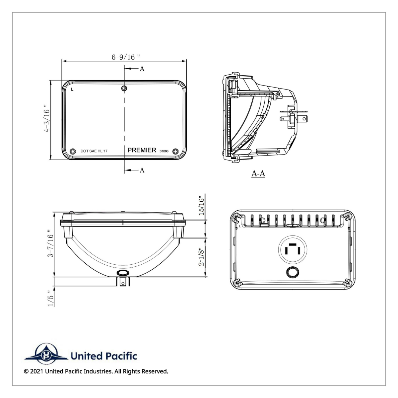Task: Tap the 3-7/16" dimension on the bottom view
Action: coord(50,244)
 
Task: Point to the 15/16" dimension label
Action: coord(201,205)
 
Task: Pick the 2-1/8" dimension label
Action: coord(201,257)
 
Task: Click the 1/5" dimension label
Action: coord(50,298)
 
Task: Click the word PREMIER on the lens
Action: coord(142,150)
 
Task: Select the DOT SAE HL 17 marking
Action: coord(94,151)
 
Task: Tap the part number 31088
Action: coord(164,151)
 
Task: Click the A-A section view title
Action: coord(258,173)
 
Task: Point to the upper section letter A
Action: coord(142,69)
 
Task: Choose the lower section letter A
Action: coord(142,170)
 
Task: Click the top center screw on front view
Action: coord(124,88)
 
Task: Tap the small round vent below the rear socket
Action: coord(293,272)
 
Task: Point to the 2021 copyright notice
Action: coord(96,371)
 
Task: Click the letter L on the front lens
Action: coord(72,89)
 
